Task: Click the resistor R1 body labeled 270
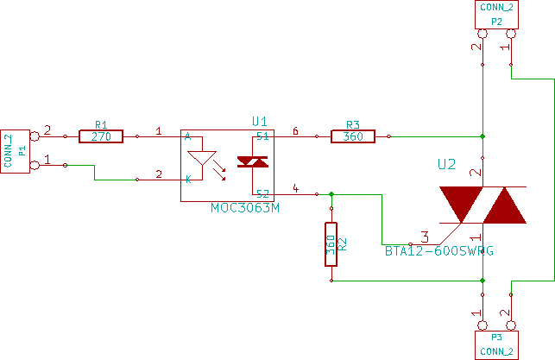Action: pos(100,136)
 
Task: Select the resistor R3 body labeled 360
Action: pos(352,136)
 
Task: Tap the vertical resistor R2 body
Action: pos(331,243)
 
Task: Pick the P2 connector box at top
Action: pos(496,15)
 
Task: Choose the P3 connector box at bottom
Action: pos(496,345)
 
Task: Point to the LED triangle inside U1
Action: pos(202,159)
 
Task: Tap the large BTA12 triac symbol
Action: pos(482,204)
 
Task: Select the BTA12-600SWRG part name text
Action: pos(439,250)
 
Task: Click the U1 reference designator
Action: pos(259,121)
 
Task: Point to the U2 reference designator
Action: pos(446,163)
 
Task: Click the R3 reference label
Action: pos(351,124)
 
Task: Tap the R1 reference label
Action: pos(101,124)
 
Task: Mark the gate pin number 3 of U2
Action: pos(424,235)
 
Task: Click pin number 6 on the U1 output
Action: pos(295,131)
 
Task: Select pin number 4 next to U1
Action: pos(295,187)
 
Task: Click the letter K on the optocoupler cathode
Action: pos(187,179)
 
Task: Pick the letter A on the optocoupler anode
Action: pos(187,137)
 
